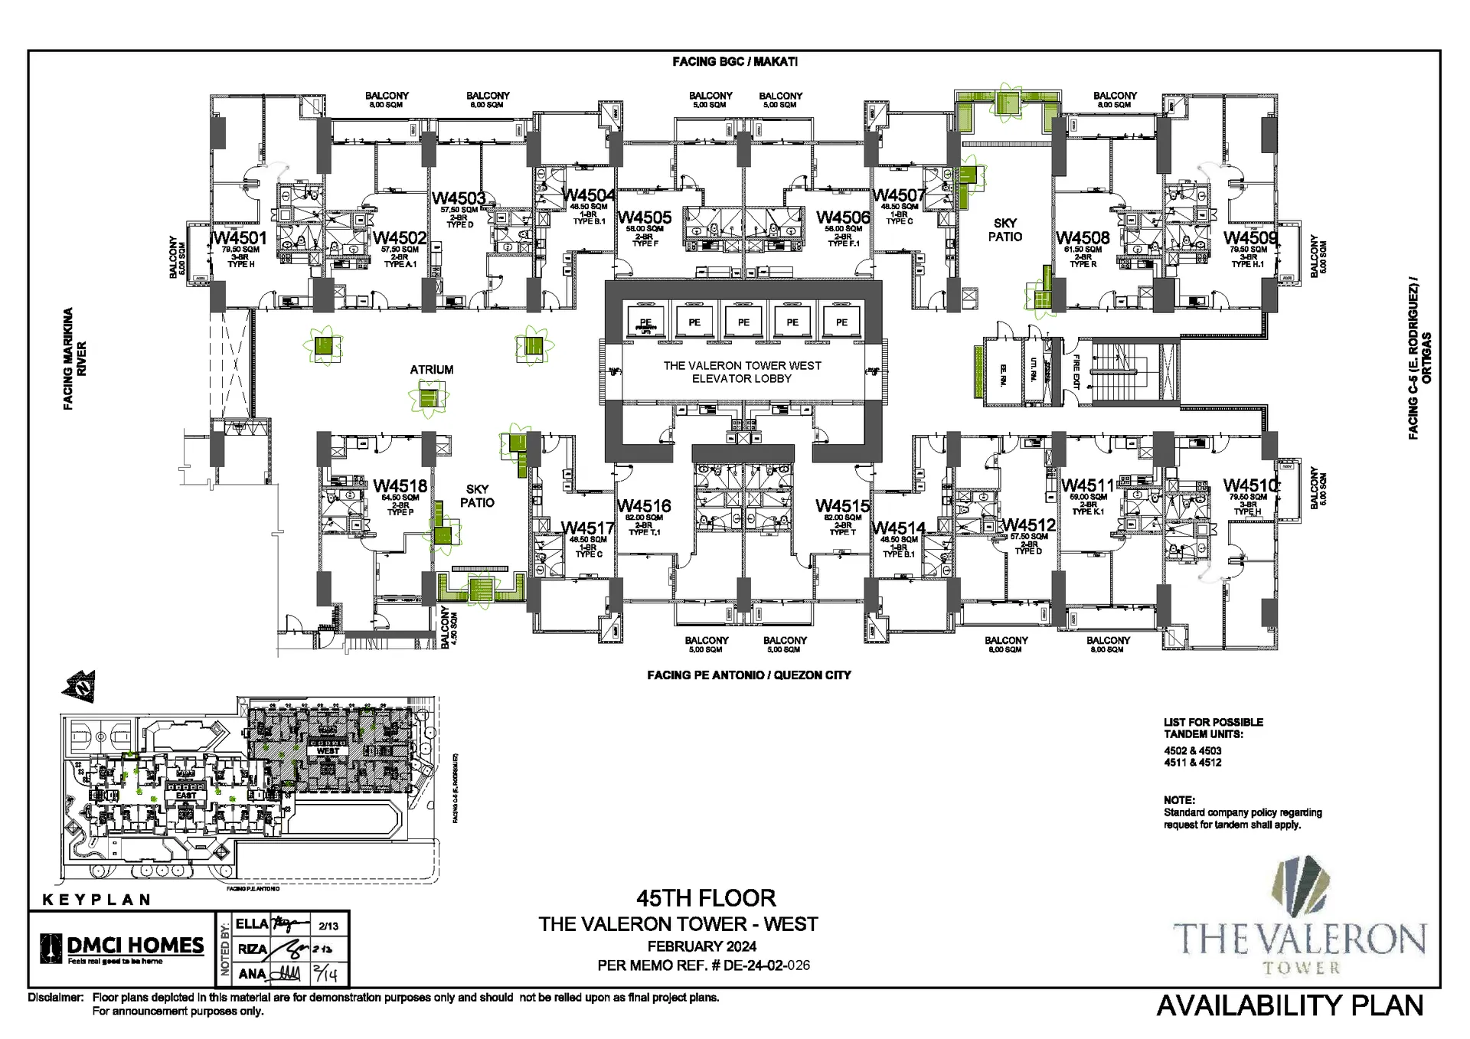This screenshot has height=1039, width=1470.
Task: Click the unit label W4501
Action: [x=240, y=238]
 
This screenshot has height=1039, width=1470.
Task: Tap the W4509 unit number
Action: [x=1249, y=238]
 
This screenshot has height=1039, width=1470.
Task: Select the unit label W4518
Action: [x=400, y=486]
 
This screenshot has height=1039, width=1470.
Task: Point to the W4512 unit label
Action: [x=1028, y=525]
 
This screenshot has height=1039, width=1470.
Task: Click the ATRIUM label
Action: [x=431, y=370]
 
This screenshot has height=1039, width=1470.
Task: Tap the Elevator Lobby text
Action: [x=742, y=372]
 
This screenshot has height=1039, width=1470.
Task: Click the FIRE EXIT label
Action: [x=1076, y=372]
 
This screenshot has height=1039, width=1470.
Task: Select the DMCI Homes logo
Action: [x=122, y=948]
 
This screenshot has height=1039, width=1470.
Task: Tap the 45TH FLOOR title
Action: [x=706, y=897]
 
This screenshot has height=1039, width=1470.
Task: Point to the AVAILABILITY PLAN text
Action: [x=1289, y=1005]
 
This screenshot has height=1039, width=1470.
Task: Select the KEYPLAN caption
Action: [x=96, y=900]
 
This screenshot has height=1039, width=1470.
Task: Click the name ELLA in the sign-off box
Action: [x=252, y=924]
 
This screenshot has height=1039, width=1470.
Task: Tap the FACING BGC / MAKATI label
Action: [x=735, y=61]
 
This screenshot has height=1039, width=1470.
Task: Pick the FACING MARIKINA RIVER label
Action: [x=74, y=359]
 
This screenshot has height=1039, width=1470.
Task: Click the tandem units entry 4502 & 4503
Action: [x=1192, y=751]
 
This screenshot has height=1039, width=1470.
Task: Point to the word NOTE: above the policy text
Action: [x=1179, y=800]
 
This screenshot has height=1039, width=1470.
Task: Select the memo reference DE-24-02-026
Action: [x=766, y=965]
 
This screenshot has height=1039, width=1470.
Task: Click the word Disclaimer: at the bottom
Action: [x=55, y=998]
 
